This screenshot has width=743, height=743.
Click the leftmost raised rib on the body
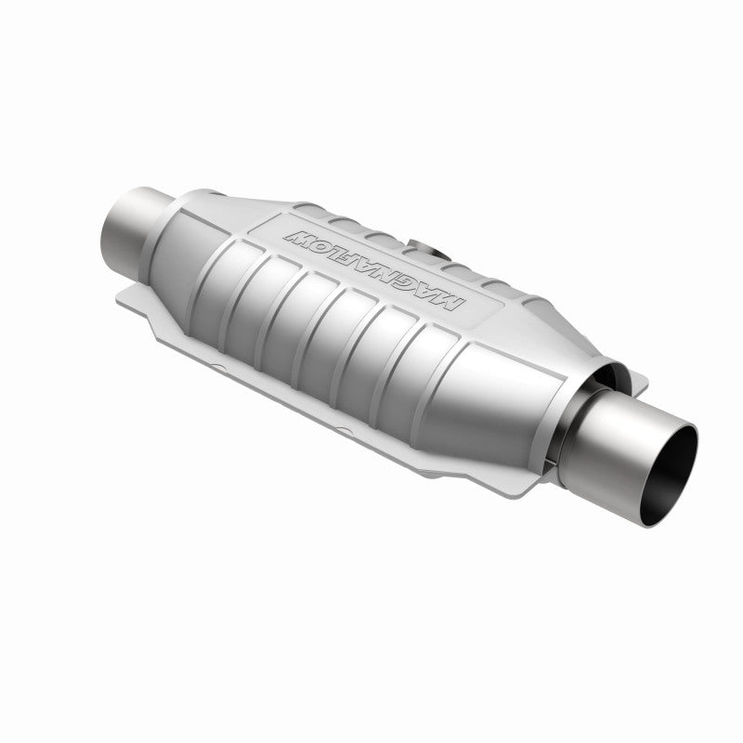pyautogui.click(x=228, y=270)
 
